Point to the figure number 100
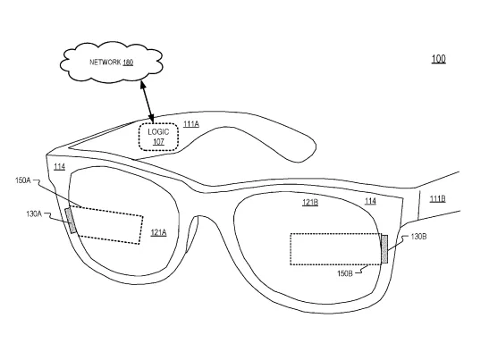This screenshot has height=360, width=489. click(x=438, y=59)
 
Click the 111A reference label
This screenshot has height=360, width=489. click(x=191, y=124)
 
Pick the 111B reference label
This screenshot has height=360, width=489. click(x=437, y=198)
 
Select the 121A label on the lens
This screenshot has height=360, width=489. click(x=158, y=232)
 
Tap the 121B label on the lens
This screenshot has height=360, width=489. click(x=310, y=203)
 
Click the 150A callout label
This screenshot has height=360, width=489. click(x=23, y=180)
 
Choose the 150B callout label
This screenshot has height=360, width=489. click(x=345, y=273)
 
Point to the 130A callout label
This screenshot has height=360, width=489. click(x=34, y=213)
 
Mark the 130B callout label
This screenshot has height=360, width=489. click(x=419, y=237)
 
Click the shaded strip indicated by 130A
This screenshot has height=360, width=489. click(x=71, y=221)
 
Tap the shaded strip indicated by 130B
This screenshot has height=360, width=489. click(x=384, y=249)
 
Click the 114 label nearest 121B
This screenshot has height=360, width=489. click(x=370, y=201)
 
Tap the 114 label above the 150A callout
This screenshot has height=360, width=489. click(x=59, y=167)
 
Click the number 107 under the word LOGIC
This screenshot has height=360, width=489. click(x=158, y=142)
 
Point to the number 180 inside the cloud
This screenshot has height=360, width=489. click(x=128, y=63)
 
